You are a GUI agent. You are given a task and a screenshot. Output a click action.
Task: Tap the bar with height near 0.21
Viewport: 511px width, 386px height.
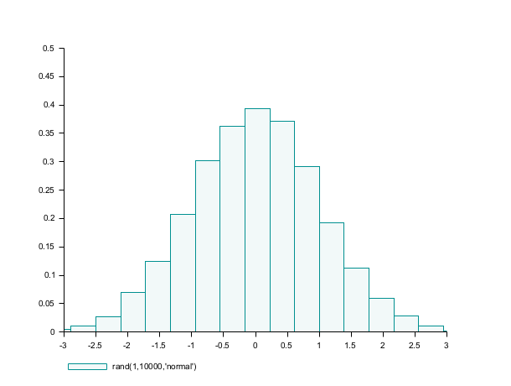[183, 273]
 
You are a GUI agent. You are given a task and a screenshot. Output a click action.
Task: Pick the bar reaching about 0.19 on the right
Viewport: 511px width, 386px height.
[332, 277]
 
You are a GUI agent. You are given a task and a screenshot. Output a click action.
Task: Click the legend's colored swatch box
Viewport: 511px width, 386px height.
[87, 367]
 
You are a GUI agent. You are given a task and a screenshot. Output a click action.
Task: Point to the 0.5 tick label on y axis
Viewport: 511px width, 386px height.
[48, 49]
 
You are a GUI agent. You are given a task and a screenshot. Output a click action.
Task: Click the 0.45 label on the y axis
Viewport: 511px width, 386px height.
[46, 77]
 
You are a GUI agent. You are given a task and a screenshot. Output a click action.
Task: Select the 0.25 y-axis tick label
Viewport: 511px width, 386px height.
[46, 190]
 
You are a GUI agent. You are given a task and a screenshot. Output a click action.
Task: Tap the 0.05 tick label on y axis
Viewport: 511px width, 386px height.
[46, 304]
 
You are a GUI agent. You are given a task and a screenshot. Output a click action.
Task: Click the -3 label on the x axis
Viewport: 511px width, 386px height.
[63, 345]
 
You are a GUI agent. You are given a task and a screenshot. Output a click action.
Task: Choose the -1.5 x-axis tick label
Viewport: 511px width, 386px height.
[158, 345]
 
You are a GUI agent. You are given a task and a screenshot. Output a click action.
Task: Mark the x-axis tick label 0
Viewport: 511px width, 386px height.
[255, 345]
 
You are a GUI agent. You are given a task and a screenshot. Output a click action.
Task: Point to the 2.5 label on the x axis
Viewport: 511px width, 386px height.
[415, 345]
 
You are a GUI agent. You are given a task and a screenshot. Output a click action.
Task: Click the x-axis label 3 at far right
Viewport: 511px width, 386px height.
[446, 345]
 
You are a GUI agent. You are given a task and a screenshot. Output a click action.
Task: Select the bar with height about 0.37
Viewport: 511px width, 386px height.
[282, 227]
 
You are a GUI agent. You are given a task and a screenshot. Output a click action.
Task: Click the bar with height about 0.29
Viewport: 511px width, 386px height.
[307, 249]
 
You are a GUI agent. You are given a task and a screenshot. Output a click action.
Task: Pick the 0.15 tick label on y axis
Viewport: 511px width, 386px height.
[46, 248]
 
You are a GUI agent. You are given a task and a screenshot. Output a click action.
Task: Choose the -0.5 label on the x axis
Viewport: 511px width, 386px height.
[222, 345]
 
